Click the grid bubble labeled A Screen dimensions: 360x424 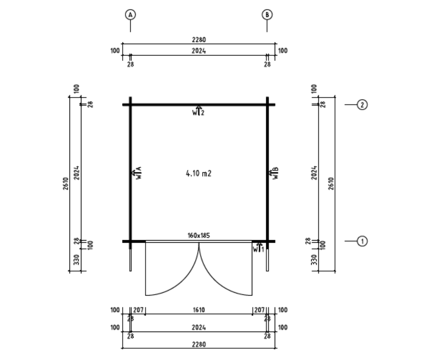click(130, 15)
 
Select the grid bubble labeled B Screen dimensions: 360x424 click(267, 15)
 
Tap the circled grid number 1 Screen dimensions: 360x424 click(362, 241)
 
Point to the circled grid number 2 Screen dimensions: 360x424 click(362, 105)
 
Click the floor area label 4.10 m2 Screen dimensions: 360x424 click(198, 173)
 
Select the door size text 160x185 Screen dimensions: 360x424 click(199, 235)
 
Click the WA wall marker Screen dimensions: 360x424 click(137, 173)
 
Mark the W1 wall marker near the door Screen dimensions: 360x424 click(259, 248)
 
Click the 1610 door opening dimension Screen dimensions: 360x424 click(199, 310)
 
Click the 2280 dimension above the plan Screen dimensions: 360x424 click(199, 40)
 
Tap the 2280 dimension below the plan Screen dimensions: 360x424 click(199, 345)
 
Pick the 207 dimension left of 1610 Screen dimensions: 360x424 click(138, 310)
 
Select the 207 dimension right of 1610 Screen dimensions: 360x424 click(259, 310)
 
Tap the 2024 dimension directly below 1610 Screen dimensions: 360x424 click(199, 328)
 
